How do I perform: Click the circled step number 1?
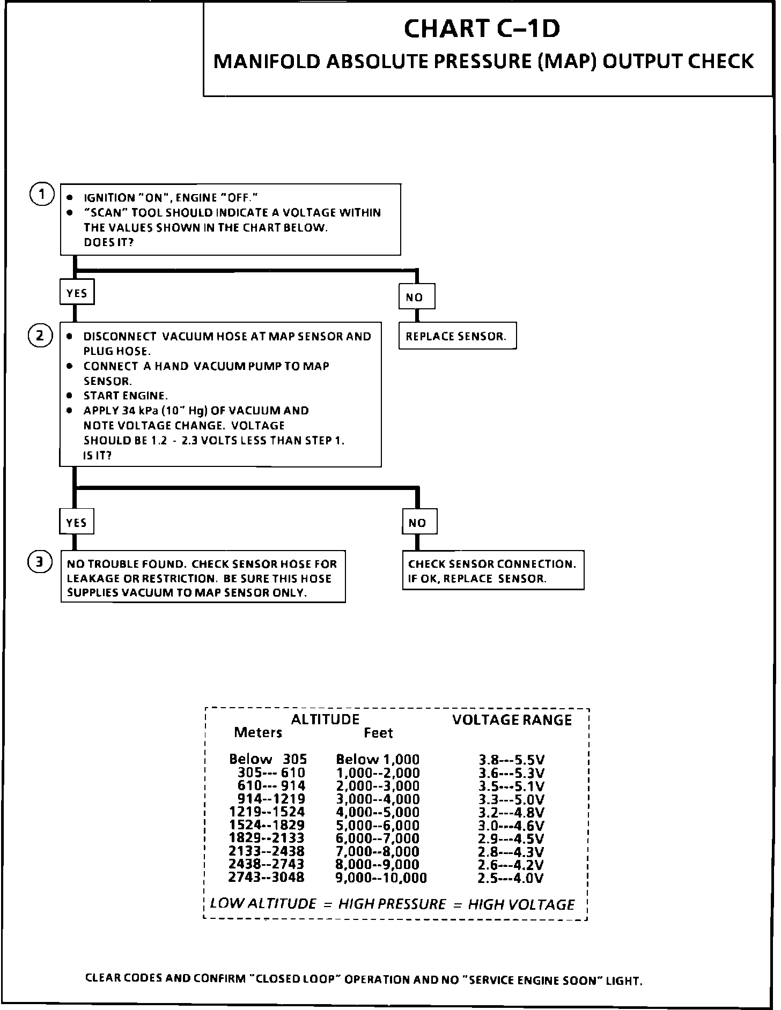click(x=41, y=194)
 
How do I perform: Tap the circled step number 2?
click(x=40, y=336)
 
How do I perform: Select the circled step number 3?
click(x=40, y=562)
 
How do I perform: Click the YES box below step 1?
click(x=77, y=293)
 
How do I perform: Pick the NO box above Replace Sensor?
click(x=416, y=297)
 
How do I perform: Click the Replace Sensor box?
click(x=457, y=336)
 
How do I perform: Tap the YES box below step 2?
click(x=77, y=522)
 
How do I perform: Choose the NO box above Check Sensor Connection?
click(x=419, y=523)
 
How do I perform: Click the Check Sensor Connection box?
click(x=492, y=571)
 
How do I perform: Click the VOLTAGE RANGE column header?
click(x=512, y=720)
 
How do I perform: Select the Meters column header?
click(x=257, y=732)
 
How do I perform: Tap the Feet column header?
click(x=378, y=733)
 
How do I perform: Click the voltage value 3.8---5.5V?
click(x=511, y=760)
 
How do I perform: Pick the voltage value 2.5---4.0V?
click(x=510, y=878)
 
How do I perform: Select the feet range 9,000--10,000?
click(x=381, y=878)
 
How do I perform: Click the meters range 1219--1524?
click(x=267, y=812)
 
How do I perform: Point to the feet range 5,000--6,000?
click(x=378, y=826)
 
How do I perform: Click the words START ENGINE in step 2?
click(x=126, y=396)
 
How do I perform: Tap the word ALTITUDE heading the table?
click(x=325, y=719)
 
